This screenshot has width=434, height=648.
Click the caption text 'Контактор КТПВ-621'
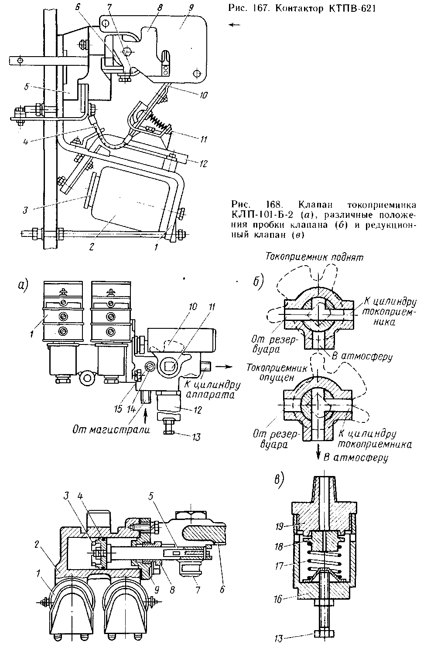326,9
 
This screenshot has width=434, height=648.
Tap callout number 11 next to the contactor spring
203,139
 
